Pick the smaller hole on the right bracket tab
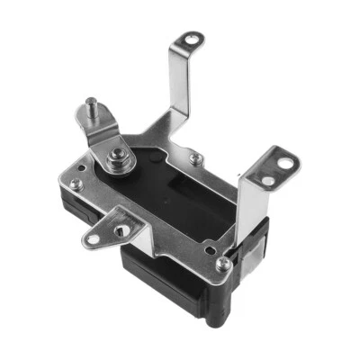click(267, 181)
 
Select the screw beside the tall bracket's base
click(195, 158)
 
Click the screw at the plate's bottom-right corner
click(222, 263)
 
